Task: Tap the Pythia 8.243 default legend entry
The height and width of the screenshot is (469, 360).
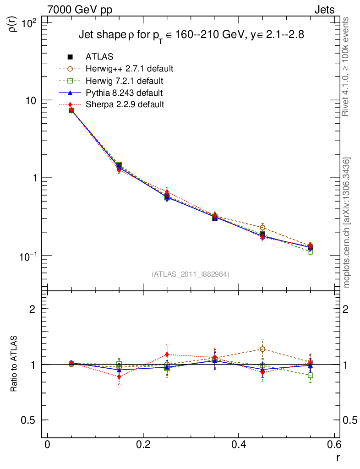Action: (x=124, y=93)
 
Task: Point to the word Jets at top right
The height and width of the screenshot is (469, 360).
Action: (x=324, y=10)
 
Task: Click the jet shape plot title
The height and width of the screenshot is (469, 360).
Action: (x=191, y=35)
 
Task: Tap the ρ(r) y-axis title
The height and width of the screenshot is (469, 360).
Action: (x=13, y=22)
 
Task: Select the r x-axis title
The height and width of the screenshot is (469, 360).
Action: (x=338, y=457)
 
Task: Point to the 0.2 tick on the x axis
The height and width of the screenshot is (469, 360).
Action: (x=143, y=445)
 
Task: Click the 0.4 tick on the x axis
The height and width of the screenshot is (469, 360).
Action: (x=239, y=445)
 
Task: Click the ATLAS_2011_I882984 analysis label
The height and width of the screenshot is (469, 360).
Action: (x=190, y=274)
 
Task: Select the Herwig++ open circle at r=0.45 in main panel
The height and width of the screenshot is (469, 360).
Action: (x=262, y=228)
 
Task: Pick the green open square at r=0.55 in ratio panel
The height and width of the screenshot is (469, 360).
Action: (x=311, y=376)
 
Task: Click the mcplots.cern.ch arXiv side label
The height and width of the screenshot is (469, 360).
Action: (x=347, y=222)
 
